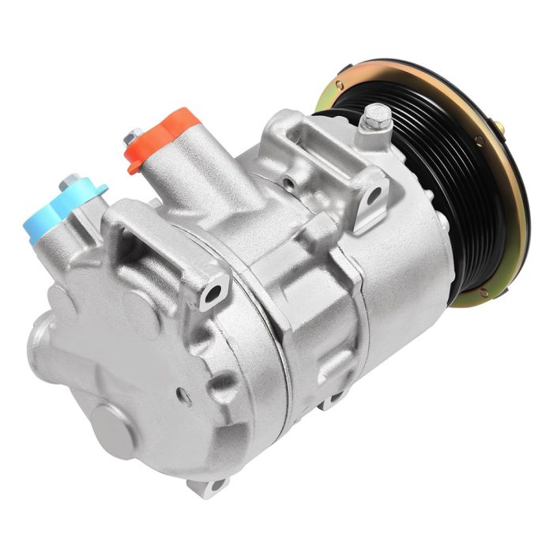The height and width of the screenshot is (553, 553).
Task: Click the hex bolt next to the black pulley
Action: tap(376, 118)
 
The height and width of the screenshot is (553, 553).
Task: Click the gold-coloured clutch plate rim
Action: tap(506, 229)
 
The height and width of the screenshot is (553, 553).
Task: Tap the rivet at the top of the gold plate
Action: tap(339, 85)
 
